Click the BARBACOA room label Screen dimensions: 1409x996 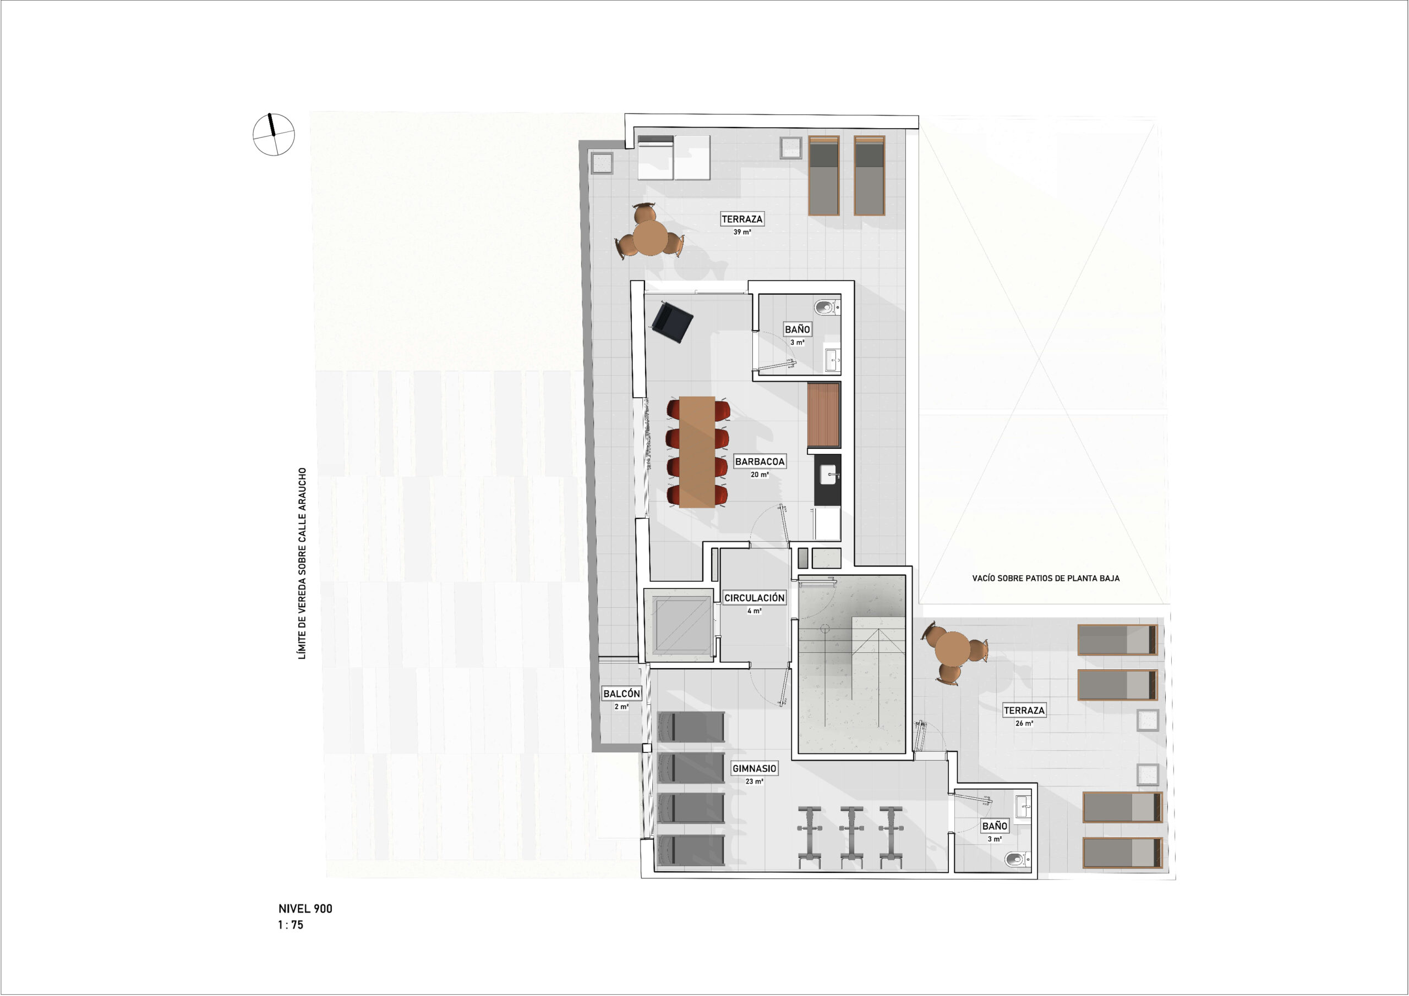[760, 461]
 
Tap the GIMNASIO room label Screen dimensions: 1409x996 [754, 768]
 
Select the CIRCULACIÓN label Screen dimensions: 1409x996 [754, 597]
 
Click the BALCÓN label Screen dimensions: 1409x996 [621, 693]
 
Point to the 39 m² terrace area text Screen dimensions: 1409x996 [742, 233]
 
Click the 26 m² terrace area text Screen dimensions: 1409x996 [1024, 724]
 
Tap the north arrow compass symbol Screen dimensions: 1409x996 [274, 134]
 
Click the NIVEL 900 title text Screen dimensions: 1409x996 [305, 909]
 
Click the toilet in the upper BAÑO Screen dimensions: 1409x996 [827, 306]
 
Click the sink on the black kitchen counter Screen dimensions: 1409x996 [828, 474]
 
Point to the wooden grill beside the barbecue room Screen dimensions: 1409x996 [823, 415]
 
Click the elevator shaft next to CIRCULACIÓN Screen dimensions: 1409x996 [679, 625]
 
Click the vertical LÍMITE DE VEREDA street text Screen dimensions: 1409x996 [302, 564]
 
